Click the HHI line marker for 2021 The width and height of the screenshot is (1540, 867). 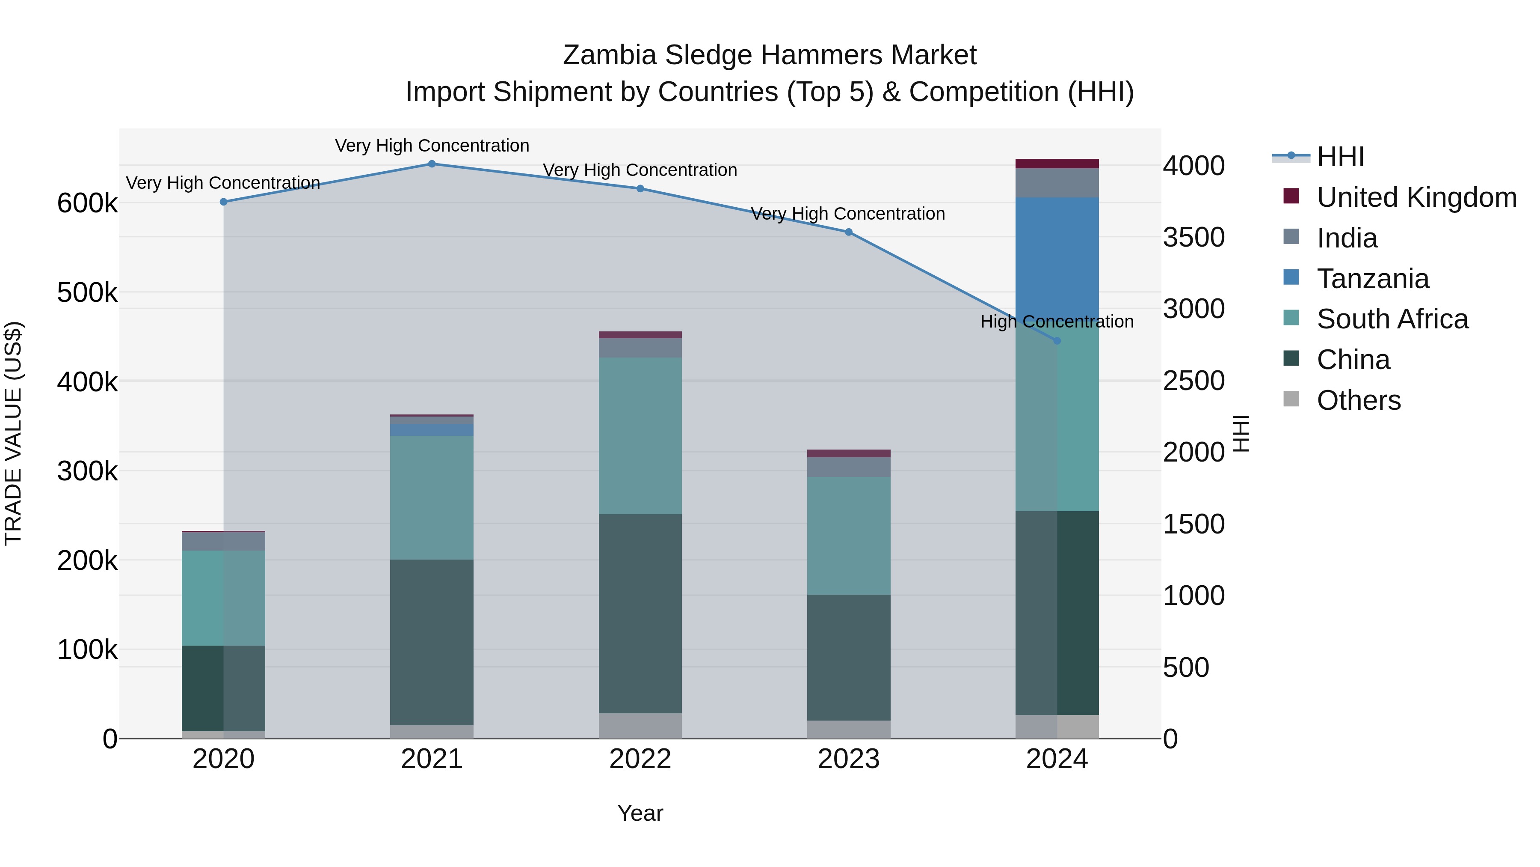pyautogui.click(x=432, y=164)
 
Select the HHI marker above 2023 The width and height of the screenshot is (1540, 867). pyautogui.click(x=848, y=232)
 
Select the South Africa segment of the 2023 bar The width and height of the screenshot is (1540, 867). pyautogui.click(x=848, y=536)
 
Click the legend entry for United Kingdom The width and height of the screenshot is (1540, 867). pyautogui.click(x=1416, y=197)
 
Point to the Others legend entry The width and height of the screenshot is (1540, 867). pyautogui.click(x=1358, y=400)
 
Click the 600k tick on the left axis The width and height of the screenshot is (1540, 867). pyautogui.click(x=87, y=203)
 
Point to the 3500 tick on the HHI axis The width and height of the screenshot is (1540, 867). pyautogui.click(x=1193, y=238)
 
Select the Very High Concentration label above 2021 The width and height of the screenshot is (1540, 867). pyautogui.click(x=432, y=146)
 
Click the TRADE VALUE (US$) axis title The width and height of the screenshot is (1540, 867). pyautogui.click(x=13, y=433)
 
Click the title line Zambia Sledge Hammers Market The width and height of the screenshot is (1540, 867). pyautogui.click(x=770, y=55)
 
